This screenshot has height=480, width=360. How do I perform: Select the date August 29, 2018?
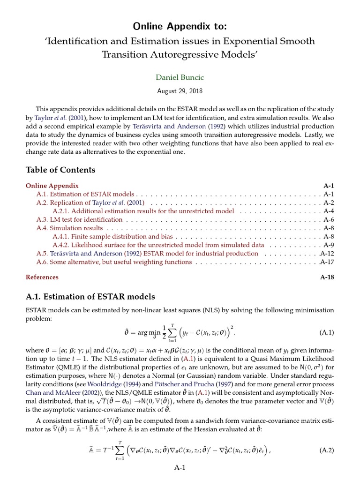click(x=180, y=91)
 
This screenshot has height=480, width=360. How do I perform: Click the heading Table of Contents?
click(x=60, y=170)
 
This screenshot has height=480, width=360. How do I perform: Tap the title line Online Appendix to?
click(x=180, y=25)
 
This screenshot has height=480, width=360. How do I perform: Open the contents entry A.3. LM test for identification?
click(x=80, y=219)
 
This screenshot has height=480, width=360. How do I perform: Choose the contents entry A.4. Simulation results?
click(x=70, y=228)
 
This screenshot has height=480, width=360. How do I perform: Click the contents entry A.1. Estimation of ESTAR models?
click(x=85, y=194)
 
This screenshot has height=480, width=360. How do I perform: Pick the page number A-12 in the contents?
click(x=327, y=254)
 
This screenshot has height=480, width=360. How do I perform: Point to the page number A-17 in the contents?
click(x=327, y=262)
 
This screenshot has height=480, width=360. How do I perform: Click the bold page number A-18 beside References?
click(x=327, y=277)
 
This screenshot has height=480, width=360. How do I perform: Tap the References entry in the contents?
click(x=42, y=277)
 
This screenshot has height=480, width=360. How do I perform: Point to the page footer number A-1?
click(x=180, y=467)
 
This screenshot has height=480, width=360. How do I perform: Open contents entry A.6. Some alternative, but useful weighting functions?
click(x=114, y=262)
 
